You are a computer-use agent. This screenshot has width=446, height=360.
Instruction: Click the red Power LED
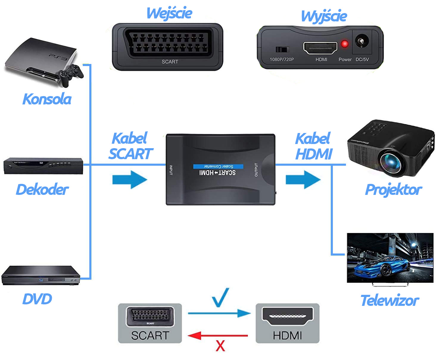coord(344,44)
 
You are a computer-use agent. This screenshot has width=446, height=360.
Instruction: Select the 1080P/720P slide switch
coord(282,49)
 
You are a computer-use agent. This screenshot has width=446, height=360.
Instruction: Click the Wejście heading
coord(169,13)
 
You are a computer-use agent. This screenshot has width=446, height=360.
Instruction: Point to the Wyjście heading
coord(324,16)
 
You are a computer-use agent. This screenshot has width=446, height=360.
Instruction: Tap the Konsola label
coord(47,99)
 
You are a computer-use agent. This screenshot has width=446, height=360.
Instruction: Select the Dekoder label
coord(42,190)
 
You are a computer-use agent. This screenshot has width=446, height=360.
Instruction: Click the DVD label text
coord(37,299)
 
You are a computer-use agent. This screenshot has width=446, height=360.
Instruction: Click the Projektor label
coord(393,190)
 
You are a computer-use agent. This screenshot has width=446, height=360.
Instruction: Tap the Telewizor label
coord(389,300)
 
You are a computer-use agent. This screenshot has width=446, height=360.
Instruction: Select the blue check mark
coord(221,297)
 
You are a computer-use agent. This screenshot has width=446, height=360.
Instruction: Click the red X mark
coord(220,346)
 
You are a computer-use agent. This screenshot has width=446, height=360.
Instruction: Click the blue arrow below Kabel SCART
coord(130,179)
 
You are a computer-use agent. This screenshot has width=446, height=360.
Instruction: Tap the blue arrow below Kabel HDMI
coord(303,179)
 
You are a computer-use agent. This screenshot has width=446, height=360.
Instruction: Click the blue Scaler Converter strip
coord(218,166)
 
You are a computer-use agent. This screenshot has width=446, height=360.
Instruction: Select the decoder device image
coord(43,166)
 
